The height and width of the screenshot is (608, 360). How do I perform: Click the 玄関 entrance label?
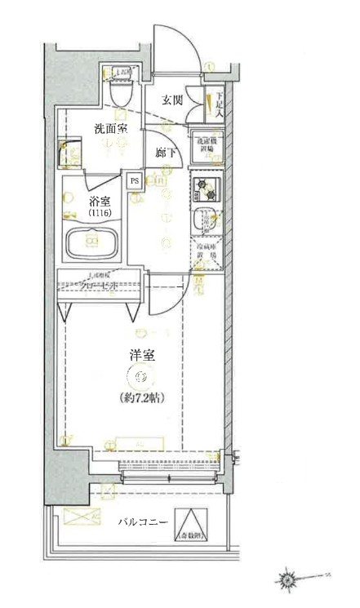(x=171, y=100)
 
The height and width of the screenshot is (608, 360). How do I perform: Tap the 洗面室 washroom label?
(x=109, y=128)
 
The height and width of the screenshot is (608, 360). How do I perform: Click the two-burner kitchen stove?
(x=206, y=190)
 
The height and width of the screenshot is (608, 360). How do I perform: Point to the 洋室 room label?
(x=141, y=356)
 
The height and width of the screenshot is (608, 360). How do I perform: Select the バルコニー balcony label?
(x=141, y=521)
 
